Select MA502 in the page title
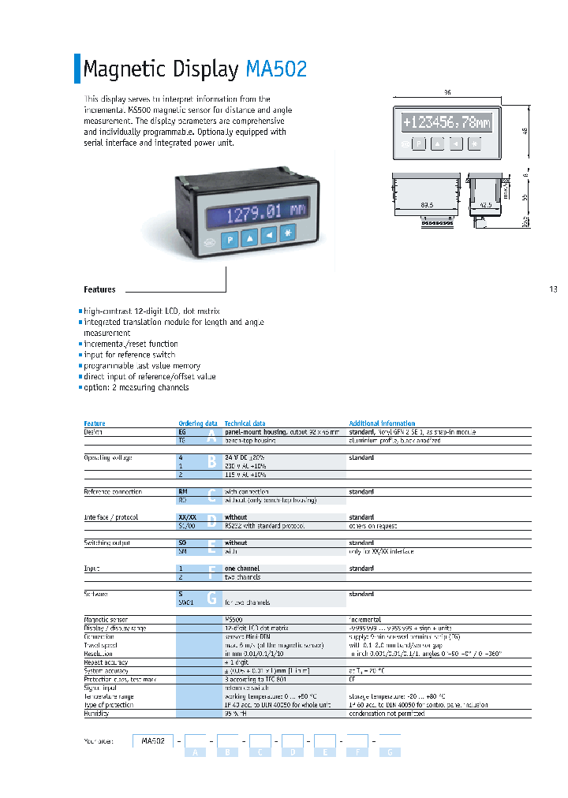(276, 69)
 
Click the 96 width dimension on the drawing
(447, 93)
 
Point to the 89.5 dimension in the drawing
(427, 205)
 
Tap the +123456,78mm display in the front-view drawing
(446, 123)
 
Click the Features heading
(99, 290)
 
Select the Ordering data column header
(198, 423)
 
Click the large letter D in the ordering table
(211, 521)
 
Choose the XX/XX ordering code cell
(188, 517)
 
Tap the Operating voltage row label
(108, 457)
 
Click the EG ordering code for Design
(183, 432)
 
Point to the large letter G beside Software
(211, 598)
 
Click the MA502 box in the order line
(153, 741)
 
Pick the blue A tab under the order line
(195, 753)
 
